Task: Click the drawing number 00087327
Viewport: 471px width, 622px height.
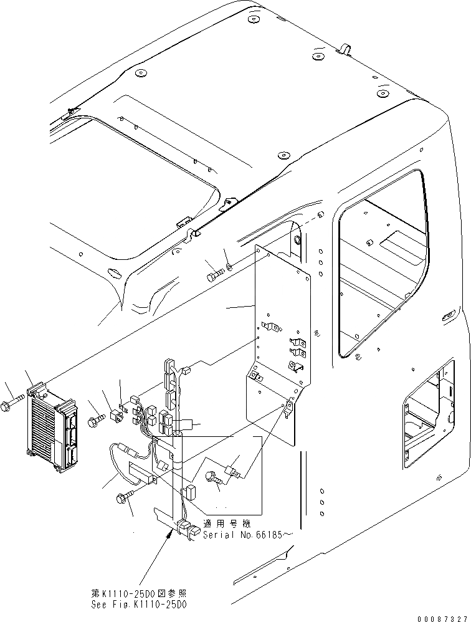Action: tap(443, 616)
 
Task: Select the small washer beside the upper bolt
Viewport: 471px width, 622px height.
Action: tap(230, 267)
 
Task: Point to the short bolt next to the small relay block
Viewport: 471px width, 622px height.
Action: tap(95, 422)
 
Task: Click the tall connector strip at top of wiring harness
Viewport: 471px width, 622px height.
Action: tap(168, 380)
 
